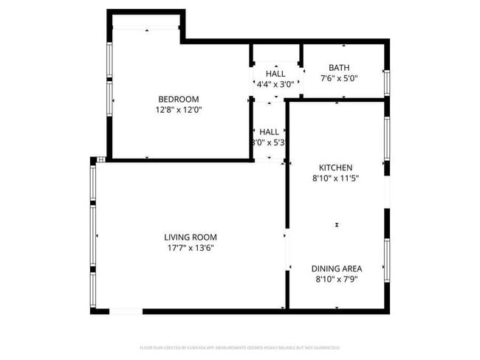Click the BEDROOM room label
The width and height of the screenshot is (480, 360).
(x=179, y=100)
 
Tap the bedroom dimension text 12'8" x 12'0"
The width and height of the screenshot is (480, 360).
(x=179, y=110)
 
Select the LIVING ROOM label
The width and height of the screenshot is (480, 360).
(x=191, y=237)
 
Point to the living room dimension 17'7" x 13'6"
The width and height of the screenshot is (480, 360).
(x=191, y=248)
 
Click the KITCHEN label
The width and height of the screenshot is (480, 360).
(x=335, y=167)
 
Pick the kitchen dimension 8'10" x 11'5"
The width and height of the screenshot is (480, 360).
(x=335, y=178)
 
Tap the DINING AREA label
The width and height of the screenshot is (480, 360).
(x=336, y=269)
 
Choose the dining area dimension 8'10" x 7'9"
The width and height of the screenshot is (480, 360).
(x=336, y=279)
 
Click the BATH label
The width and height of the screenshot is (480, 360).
(x=340, y=67)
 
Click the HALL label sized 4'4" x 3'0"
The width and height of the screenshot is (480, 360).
(x=275, y=74)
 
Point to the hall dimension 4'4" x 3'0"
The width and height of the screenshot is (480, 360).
(x=275, y=84)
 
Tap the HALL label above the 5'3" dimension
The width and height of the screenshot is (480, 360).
(x=269, y=131)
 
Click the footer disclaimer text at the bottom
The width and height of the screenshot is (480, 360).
(x=240, y=347)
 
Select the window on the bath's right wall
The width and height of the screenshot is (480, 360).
(x=385, y=81)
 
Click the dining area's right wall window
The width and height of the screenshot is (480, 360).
(x=385, y=260)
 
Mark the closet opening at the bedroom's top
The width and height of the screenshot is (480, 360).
(x=145, y=28)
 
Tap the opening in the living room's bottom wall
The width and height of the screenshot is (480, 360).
(x=126, y=311)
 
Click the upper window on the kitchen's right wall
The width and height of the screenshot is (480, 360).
(x=385, y=139)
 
